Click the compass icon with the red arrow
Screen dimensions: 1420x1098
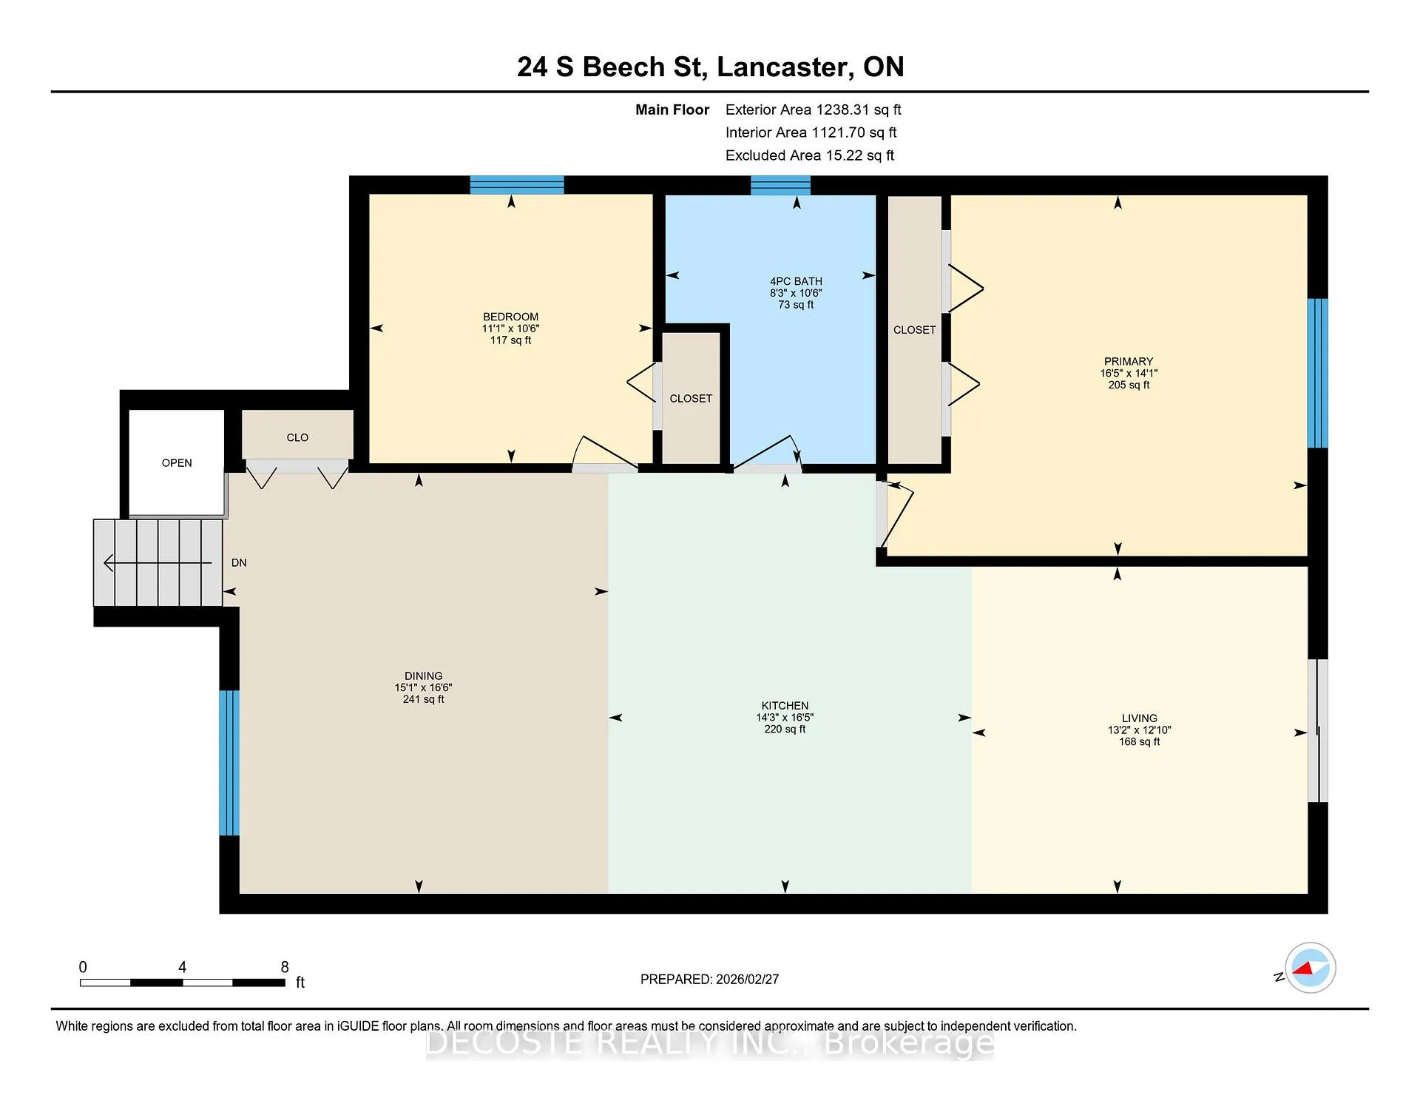1310,968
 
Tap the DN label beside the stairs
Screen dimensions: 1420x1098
239,563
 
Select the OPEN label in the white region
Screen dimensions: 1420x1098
177,463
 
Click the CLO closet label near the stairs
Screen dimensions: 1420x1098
297,438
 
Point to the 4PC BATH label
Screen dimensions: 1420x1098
796,281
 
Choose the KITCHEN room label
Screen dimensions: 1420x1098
785,706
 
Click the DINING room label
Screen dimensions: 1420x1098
423,676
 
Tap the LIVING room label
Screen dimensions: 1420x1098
1139,718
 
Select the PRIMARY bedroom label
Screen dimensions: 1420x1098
1129,362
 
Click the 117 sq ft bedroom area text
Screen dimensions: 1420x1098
510,340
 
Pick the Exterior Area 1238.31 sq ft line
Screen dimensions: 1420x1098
814,110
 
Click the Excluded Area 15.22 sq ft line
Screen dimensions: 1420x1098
810,155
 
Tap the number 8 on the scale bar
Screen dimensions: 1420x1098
285,967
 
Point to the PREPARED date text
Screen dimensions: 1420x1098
709,979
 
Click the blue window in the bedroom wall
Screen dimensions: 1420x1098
517,185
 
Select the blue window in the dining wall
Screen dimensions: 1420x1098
229,763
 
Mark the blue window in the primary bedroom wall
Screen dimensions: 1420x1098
1317,373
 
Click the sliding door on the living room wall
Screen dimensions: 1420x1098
1318,731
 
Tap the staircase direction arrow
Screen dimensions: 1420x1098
158,563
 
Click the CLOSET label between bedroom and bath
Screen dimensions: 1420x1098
691,399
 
